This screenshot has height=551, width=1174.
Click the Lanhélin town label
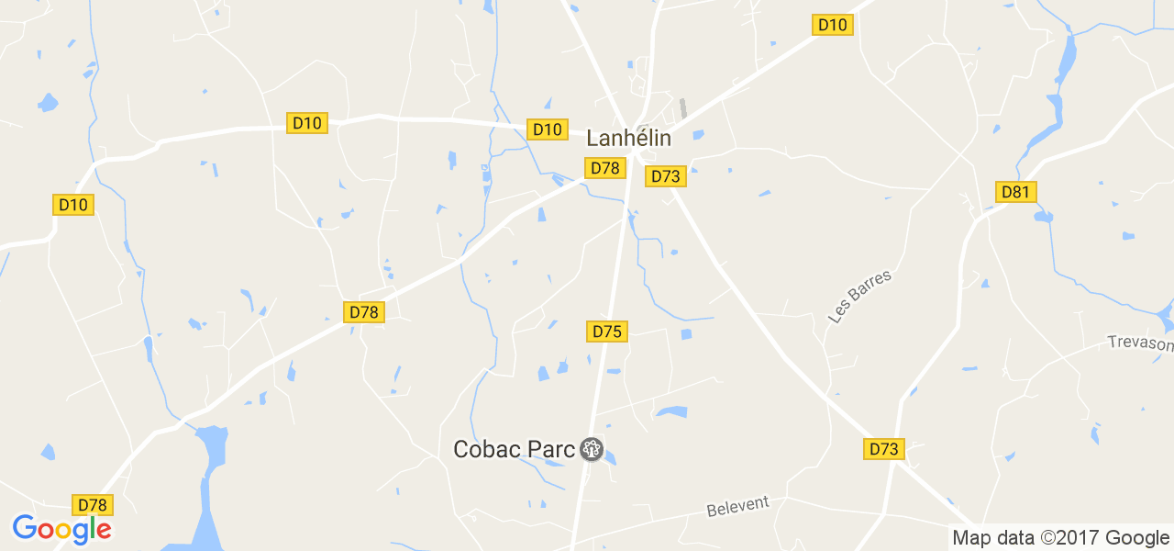628,139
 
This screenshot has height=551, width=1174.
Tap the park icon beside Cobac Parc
592,449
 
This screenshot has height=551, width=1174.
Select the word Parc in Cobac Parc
551,449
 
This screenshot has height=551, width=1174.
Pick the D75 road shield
607,332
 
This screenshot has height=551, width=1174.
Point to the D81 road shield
1016,192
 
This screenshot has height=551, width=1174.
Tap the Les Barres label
859,296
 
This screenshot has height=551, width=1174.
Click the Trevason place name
1140,343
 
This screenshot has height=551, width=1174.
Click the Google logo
61,530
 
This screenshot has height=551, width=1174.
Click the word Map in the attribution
971,538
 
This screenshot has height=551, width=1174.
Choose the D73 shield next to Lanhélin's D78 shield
666,176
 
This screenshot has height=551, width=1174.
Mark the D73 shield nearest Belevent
883,449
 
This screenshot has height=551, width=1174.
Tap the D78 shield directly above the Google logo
93,505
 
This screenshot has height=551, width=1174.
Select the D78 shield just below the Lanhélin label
605,168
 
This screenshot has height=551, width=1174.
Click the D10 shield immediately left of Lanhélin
547,129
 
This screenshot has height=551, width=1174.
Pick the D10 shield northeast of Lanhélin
833,25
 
